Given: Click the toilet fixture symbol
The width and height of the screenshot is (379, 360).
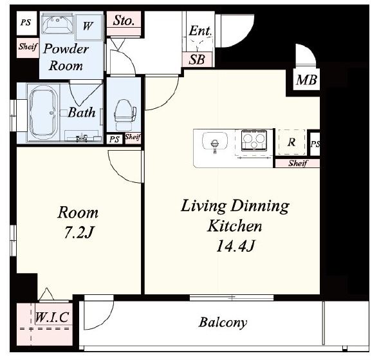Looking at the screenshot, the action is point(124,115).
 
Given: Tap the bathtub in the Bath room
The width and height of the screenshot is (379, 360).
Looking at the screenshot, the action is point(44,113).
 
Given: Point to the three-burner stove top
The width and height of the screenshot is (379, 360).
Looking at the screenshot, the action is point(254,140).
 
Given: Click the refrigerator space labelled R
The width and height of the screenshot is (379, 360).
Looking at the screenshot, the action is point(291,142).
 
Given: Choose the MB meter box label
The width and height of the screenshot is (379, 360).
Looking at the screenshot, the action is point(306,80).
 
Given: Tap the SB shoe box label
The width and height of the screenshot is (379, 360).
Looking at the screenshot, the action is point(197,59).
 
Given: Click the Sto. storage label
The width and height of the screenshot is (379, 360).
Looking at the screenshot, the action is point(124,21).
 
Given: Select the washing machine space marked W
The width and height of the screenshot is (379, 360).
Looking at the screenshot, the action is point(88,27).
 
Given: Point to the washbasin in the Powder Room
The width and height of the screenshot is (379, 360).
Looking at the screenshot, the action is point(57,24).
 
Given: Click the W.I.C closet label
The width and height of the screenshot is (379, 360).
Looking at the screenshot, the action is point(53,317).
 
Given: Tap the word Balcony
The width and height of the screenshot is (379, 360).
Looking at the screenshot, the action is point(223,323).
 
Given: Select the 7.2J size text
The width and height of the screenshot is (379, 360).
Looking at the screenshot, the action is point(79,232).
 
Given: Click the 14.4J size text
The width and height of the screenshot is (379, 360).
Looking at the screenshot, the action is point(235,246).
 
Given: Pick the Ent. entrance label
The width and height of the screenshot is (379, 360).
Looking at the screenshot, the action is point(200,31).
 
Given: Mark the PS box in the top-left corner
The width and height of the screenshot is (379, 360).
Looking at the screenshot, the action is point(26,23).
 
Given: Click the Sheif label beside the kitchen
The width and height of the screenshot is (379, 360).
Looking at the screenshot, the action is point(298,164).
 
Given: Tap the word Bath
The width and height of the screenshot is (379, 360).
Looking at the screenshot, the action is point(82,113).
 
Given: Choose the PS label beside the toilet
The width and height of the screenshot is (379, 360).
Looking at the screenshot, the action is point(115,139).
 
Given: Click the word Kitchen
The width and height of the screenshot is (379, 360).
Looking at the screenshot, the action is point(234,226).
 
